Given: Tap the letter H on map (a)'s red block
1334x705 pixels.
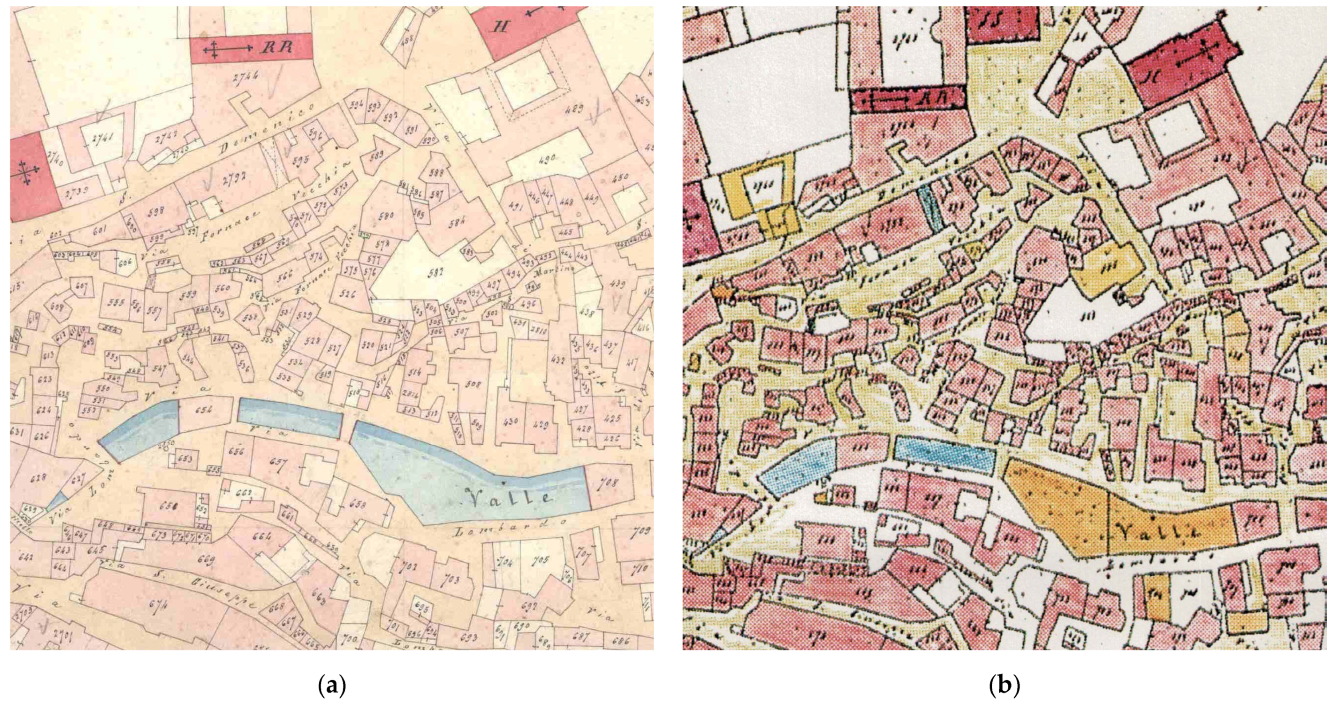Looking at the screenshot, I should coord(500,27).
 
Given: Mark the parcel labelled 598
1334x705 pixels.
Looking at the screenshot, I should coord(155,210).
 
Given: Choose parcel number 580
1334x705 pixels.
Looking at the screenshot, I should coord(385,215).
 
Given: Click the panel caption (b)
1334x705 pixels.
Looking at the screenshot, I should coord(1004,686).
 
